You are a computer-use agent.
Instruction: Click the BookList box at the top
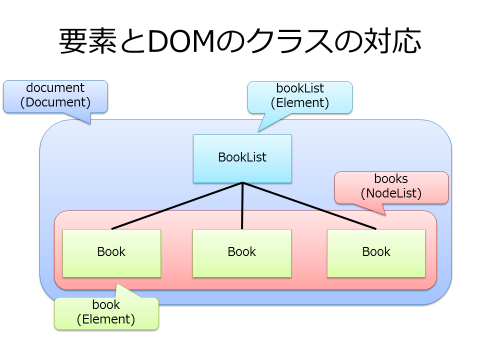tap(242, 158)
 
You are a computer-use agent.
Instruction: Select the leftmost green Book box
tap(111, 253)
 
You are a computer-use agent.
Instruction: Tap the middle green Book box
tap(242, 253)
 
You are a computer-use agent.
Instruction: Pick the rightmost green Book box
tap(376, 253)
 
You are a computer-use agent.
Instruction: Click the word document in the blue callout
tap(55, 88)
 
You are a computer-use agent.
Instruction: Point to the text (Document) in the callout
tap(55, 102)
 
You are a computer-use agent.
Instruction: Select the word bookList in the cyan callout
tap(300, 88)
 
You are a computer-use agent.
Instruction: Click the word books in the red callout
tap(391, 178)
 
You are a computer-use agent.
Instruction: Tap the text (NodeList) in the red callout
tap(391, 193)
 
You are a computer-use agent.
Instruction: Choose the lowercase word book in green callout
tap(106, 304)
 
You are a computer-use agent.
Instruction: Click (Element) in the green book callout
tap(106, 319)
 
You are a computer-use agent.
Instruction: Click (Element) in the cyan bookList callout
tap(300, 102)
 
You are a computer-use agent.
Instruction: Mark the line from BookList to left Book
tap(177, 205)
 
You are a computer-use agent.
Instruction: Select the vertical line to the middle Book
tap(242, 205)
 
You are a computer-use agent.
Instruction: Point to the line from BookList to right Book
tap(309, 205)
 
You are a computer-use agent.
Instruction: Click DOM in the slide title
tap(181, 41)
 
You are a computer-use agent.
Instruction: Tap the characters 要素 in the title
tap(88, 41)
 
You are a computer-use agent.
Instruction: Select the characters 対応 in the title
tap(392, 41)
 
